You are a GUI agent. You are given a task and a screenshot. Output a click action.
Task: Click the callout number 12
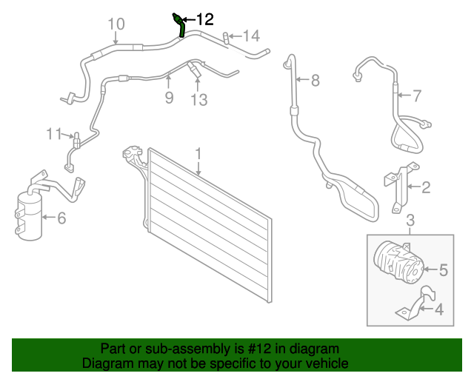[x=204, y=19]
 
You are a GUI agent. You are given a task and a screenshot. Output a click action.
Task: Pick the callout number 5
[x=444, y=270]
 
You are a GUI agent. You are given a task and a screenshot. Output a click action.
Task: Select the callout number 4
[x=439, y=310]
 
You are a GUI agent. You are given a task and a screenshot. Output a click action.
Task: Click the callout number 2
[x=426, y=188]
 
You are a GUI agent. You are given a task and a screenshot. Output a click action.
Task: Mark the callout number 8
[x=315, y=80]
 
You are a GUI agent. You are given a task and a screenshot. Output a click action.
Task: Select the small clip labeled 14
[x=227, y=36]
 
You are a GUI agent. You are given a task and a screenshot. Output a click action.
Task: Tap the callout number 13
[x=198, y=99]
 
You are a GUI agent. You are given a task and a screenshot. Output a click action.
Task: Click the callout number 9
[x=169, y=97]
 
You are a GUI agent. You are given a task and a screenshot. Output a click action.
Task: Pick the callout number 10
[x=116, y=24]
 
